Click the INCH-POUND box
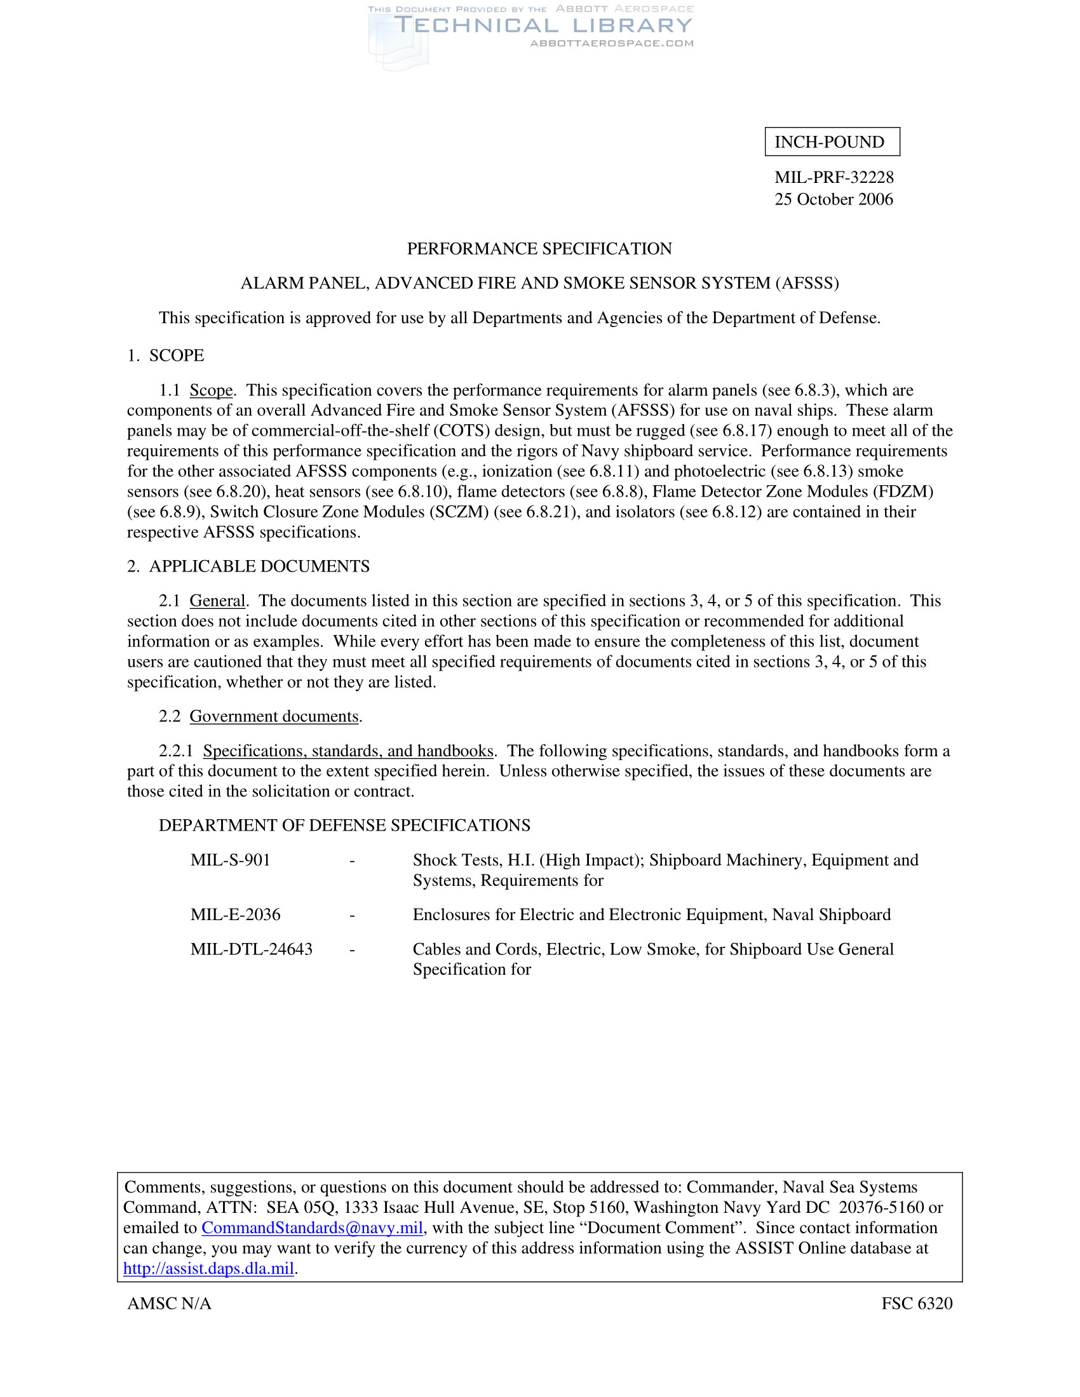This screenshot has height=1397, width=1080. click(x=832, y=142)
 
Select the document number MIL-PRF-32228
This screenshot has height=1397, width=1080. click(x=834, y=177)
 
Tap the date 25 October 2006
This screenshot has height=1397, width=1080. click(x=834, y=199)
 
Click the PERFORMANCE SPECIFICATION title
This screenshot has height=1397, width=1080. click(x=539, y=249)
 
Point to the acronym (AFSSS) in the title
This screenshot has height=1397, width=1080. click(x=807, y=283)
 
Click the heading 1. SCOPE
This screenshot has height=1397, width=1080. click(x=166, y=356)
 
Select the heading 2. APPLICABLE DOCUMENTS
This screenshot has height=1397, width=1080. click(x=248, y=566)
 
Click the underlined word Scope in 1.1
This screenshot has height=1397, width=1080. click(x=210, y=390)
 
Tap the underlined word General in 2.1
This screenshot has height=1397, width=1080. click(x=217, y=601)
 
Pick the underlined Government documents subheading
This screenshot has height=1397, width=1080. click(x=274, y=716)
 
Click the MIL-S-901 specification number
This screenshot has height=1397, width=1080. click(x=231, y=860)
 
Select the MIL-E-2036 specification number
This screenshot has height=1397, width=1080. click(x=236, y=914)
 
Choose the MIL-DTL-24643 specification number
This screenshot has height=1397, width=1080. click(x=252, y=949)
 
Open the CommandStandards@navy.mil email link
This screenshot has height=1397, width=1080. click(x=312, y=1227)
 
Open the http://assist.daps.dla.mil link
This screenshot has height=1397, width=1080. click(x=208, y=1269)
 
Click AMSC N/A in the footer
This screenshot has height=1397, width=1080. click(x=170, y=1304)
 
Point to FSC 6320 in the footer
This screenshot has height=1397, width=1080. click(x=916, y=1304)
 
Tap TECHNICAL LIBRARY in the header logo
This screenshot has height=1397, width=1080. click(x=543, y=25)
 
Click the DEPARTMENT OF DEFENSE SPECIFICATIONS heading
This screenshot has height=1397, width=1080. click(x=344, y=825)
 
